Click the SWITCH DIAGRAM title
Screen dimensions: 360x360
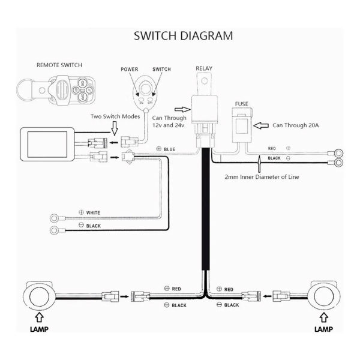point(183,36)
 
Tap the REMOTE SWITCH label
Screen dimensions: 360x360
point(59,65)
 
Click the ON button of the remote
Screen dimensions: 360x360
point(82,83)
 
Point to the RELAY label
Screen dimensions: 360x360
point(204,68)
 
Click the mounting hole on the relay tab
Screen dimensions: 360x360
point(204,81)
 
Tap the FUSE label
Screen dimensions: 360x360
point(242,104)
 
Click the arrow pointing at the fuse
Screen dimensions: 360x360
point(261,125)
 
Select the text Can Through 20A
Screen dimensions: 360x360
point(295,125)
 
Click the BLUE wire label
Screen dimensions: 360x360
point(169,149)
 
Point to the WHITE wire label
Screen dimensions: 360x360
point(93,213)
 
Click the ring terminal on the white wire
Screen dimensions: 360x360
point(54,218)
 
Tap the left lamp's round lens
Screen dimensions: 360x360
point(39,296)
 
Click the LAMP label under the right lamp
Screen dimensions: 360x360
point(323,329)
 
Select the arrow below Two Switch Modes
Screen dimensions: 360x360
point(115,128)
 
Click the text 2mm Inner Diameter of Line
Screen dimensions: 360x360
point(262,177)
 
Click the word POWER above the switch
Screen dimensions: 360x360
point(130,70)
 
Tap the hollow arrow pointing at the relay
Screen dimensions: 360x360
point(182,110)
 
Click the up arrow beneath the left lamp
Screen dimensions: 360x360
point(39,318)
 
